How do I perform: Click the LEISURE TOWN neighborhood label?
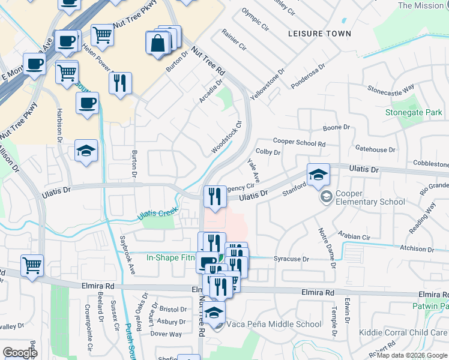point(319,34)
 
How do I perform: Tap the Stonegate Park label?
point(413,112)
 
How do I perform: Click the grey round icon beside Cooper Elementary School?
point(326,197)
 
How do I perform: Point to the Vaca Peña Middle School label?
point(274,324)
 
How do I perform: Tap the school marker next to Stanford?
point(318,175)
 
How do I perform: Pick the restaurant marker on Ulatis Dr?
point(214,196)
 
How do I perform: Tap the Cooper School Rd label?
point(298,143)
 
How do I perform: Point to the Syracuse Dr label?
point(291,259)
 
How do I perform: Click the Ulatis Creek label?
point(157,213)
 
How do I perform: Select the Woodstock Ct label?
point(226,138)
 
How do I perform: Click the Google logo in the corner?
point(20,353)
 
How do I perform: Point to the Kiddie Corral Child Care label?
point(403,332)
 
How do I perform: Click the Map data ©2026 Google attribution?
point(411,355)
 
